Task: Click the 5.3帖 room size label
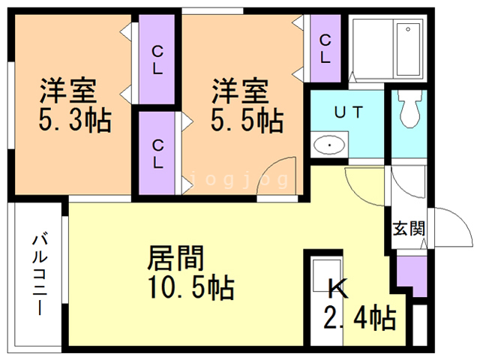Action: tap(75, 121)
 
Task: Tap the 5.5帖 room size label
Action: tap(247, 121)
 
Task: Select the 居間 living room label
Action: tap(175, 258)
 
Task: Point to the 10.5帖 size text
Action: tap(191, 287)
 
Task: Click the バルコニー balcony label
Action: tap(40, 274)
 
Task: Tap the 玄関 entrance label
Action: tap(409, 228)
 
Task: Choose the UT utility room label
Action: tap(349, 112)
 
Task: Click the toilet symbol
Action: tap(409, 108)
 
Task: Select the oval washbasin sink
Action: tap(329, 145)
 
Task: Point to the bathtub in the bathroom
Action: tap(408, 49)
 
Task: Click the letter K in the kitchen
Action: tap(338, 288)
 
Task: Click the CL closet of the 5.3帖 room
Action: tap(157, 59)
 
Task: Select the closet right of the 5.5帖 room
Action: tap(325, 48)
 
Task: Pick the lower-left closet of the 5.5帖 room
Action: tap(157, 153)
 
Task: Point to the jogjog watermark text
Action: tap(238, 180)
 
